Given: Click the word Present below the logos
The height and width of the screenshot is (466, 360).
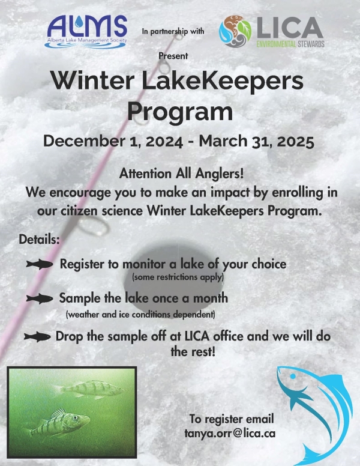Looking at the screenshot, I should [173, 56].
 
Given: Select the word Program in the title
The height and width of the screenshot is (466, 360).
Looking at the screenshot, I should [179, 112].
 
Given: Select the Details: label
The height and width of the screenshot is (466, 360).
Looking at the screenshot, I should [40, 238].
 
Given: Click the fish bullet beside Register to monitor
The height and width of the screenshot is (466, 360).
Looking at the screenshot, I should [40, 264].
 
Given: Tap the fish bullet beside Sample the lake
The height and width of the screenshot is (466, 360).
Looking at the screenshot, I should [40, 299].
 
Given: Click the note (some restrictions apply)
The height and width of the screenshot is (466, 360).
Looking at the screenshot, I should [178, 277].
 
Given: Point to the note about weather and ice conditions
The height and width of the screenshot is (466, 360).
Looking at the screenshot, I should [140, 314].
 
